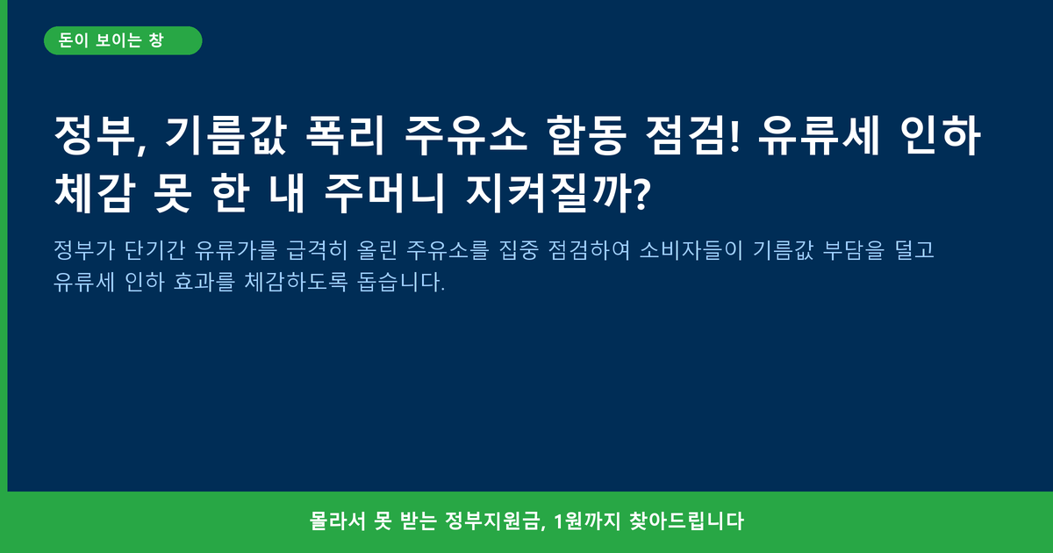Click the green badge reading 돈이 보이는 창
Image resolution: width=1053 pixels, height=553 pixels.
click(123, 40)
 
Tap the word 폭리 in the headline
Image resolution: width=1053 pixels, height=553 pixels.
click(346, 135)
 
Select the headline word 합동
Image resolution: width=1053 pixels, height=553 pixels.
click(587, 135)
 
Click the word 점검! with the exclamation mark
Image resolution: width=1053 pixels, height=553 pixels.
click(692, 135)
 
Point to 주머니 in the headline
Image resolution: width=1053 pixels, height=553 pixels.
click(384, 193)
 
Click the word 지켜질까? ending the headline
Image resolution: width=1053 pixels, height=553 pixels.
click(558, 193)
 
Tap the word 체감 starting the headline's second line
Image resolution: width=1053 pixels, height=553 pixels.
click(95, 193)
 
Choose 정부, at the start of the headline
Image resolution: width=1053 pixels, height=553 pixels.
click(101, 135)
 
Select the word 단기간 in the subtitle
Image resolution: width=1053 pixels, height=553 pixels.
click(154, 249)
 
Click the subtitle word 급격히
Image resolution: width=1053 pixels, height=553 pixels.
click(317, 249)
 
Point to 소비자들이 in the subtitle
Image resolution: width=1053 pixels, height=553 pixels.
click(691, 249)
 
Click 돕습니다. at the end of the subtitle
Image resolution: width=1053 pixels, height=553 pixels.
click(401, 282)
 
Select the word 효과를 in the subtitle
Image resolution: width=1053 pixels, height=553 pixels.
click(204, 282)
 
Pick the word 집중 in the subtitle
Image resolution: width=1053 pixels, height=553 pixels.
click(519, 249)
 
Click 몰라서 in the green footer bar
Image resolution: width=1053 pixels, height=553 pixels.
click(338, 521)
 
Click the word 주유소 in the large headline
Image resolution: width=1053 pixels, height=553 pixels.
click(466, 135)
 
